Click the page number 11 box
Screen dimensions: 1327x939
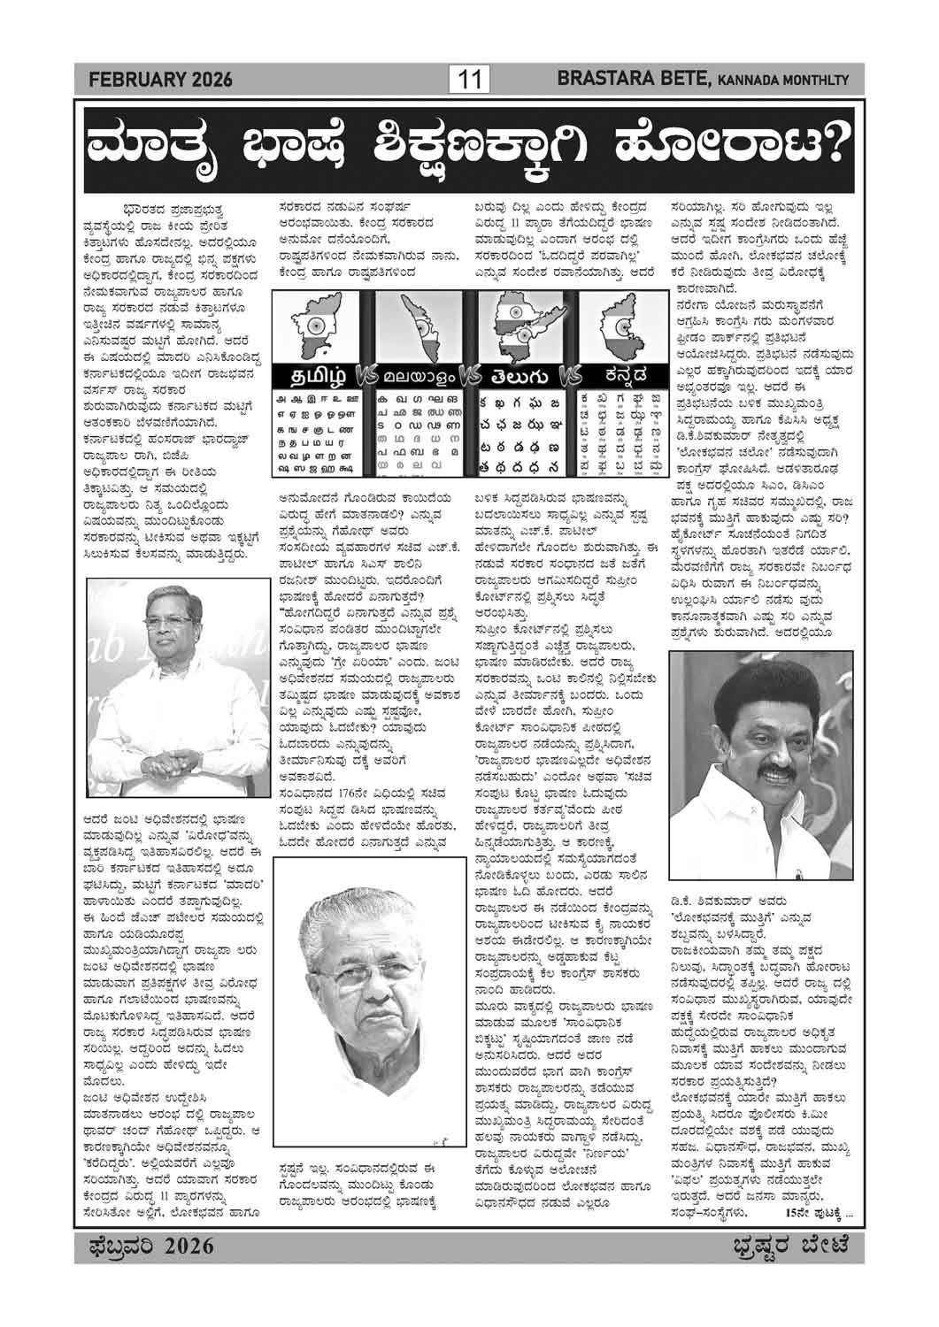tap(469, 81)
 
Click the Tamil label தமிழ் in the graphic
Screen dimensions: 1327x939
tap(316, 372)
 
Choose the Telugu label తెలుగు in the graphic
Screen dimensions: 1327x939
tap(516, 372)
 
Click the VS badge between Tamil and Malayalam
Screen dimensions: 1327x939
tap(365, 373)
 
